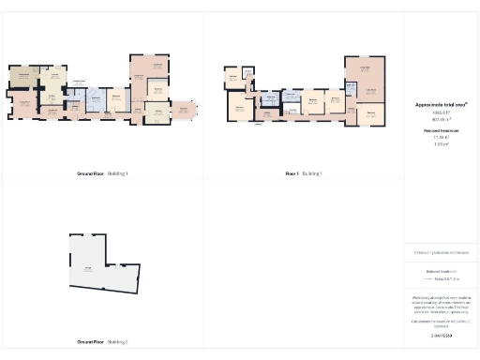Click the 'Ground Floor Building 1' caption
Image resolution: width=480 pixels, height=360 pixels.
click(102, 173)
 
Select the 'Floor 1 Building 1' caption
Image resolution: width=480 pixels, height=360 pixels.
click(304, 173)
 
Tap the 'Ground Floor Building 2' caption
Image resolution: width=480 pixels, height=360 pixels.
click(102, 342)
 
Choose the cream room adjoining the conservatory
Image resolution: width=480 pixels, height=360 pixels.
click(157, 112)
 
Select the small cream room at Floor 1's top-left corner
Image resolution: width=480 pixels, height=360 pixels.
click(232, 75)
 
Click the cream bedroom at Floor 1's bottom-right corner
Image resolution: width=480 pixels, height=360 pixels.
click(371, 114)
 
